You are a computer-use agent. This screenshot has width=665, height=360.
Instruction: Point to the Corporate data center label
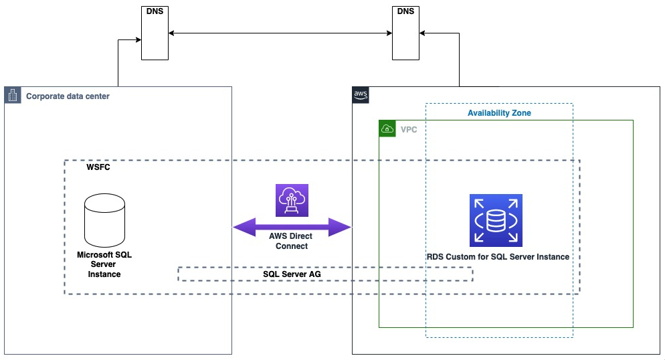pyautogui.click(x=68, y=96)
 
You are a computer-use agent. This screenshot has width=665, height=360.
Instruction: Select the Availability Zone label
pyautogui.click(x=499, y=113)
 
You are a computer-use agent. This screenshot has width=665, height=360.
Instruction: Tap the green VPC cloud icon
pyautogui.click(x=387, y=128)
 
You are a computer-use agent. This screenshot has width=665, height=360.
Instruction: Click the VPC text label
pyautogui.click(x=409, y=129)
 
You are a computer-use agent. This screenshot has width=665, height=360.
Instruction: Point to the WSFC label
pyautogui.click(x=98, y=167)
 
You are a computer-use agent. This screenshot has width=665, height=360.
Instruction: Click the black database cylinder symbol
pyautogui.click(x=104, y=220)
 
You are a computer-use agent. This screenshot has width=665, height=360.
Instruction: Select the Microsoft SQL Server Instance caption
pyautogui.click(x=104, y=264)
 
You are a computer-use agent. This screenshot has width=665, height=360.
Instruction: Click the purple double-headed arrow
pyautogui.click(x=292, y=228)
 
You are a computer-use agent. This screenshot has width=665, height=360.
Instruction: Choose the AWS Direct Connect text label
pyautogui.click(x=292, y=241)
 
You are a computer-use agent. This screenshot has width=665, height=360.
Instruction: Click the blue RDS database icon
pyautogui.click(x=496, y=221)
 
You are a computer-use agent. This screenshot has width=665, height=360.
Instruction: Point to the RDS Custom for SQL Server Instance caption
pyautogui.click(x=498, y=257)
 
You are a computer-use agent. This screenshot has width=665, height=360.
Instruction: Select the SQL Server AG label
pyautogui.click(x=292, y=274)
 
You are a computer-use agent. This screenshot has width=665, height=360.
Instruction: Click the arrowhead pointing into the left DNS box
pyautogui.click(x=137, y=40)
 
